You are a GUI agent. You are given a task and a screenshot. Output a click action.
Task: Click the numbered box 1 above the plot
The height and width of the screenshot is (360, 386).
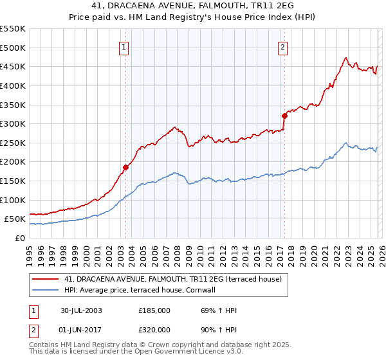(x=123, y=46)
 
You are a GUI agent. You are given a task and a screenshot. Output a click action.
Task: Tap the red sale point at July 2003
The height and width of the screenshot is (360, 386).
(x=126, y=168)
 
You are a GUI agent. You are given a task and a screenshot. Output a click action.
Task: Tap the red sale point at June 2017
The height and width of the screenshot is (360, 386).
(x=284, y=116)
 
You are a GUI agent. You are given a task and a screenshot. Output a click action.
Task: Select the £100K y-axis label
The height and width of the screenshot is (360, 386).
(x=13, y=200)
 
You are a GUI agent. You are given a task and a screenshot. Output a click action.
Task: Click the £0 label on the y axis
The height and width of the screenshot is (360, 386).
(x=19, y=238)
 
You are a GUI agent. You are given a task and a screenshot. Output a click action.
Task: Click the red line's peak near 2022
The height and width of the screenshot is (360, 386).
(x=346, y=58)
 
